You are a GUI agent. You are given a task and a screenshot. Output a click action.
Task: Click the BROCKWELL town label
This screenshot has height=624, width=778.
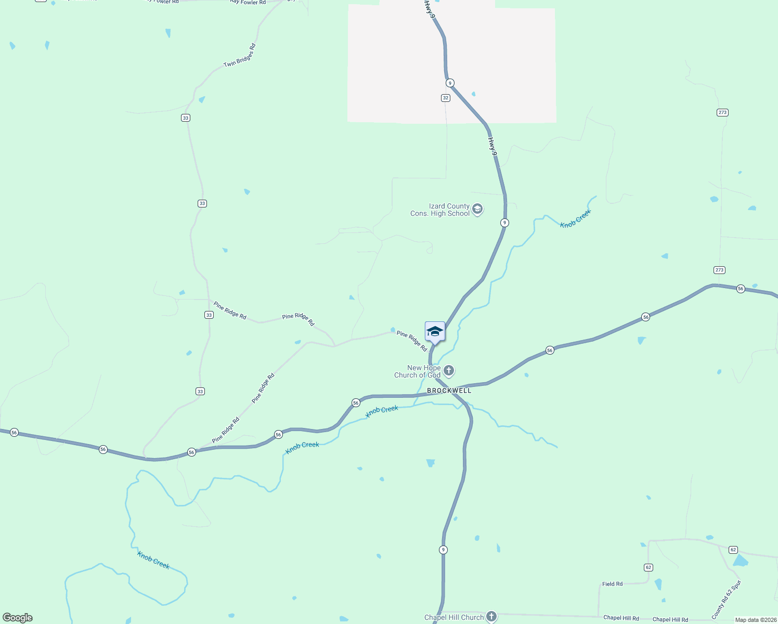(449, 391)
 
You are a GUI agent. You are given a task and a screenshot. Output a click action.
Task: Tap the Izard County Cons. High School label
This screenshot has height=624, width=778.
(440, 210)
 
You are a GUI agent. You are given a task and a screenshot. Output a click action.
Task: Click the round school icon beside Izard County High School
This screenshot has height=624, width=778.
(478, 210)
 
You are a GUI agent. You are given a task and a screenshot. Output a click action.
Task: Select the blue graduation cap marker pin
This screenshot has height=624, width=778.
(435, 332)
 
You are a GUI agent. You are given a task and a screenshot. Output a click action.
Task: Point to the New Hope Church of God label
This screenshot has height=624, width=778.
(418, 371)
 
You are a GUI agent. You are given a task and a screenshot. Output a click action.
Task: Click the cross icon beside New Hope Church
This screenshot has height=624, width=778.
(449, 371)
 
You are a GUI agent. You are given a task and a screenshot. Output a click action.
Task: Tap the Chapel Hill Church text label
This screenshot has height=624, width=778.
(454, 617)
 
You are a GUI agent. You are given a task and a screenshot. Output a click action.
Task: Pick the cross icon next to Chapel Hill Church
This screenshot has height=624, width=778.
(491, 617)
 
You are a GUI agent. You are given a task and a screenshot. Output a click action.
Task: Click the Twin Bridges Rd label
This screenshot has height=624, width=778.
(240, 56)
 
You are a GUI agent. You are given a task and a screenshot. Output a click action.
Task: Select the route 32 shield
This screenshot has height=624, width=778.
(446, 98)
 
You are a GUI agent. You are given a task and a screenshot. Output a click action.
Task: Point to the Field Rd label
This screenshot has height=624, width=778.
(612, 584)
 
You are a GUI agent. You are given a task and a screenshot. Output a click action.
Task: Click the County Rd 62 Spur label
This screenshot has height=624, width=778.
(726, 600)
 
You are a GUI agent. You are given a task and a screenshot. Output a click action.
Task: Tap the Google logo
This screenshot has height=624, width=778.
(18, 618)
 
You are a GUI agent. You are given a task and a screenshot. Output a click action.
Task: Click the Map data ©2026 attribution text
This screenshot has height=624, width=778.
(756, 620)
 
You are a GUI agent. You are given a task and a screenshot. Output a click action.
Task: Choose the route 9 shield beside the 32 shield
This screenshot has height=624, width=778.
(450, 83)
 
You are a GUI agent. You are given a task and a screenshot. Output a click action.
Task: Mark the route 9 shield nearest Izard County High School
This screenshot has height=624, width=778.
(504, 223)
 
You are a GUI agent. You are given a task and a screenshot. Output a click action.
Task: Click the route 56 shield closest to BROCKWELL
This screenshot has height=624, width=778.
(356, 402)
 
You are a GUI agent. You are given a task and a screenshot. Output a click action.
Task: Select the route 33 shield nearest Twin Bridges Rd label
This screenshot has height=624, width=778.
(186, 118)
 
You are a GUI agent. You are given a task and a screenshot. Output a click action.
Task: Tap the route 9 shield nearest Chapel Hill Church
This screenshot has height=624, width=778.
(443, 550)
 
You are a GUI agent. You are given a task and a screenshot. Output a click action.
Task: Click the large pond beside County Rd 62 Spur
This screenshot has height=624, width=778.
(740, 561)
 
